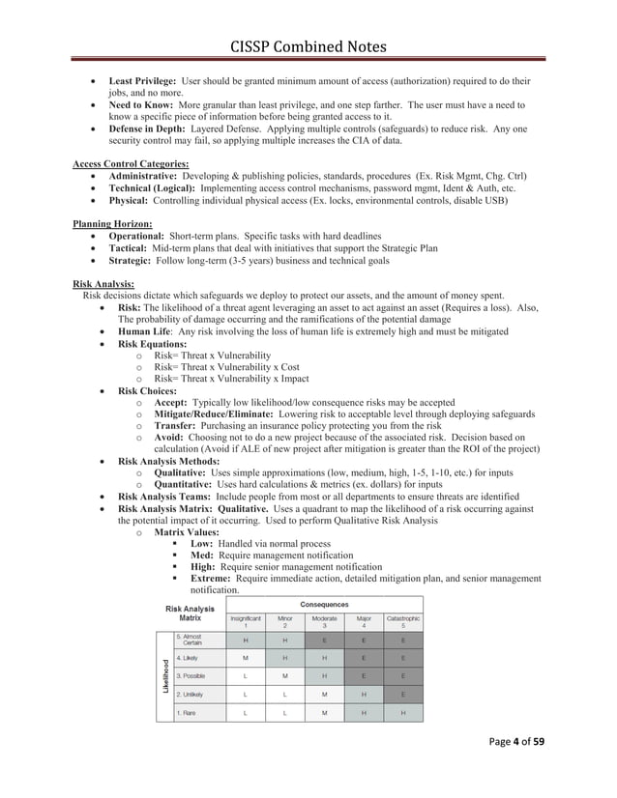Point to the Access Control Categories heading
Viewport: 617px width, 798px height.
131,163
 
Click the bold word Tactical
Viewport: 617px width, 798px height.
131,248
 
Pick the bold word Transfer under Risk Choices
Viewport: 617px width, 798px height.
178,425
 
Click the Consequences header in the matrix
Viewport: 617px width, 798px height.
323,606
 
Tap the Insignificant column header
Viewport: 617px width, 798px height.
244,621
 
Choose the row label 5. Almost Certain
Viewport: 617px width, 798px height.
193,640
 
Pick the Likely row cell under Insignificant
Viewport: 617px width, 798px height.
244,657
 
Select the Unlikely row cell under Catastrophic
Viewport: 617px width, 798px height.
402,694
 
